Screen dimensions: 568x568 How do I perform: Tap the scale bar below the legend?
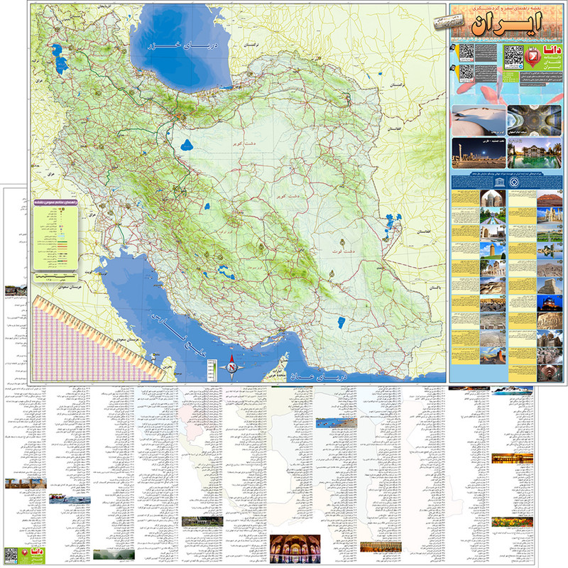[x=53, y=274]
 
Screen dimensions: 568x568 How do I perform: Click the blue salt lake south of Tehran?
[x=186, y=146]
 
